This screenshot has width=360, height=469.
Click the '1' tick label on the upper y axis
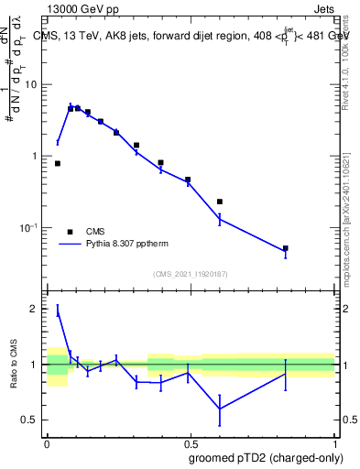point(38,157)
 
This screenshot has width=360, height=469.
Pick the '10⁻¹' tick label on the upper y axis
point(32,228)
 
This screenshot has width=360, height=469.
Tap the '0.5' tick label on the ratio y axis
point(32,420)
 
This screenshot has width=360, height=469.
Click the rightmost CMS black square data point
point(286,248)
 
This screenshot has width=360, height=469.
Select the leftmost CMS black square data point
point(58,163)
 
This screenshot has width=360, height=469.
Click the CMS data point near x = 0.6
point(220,202)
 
